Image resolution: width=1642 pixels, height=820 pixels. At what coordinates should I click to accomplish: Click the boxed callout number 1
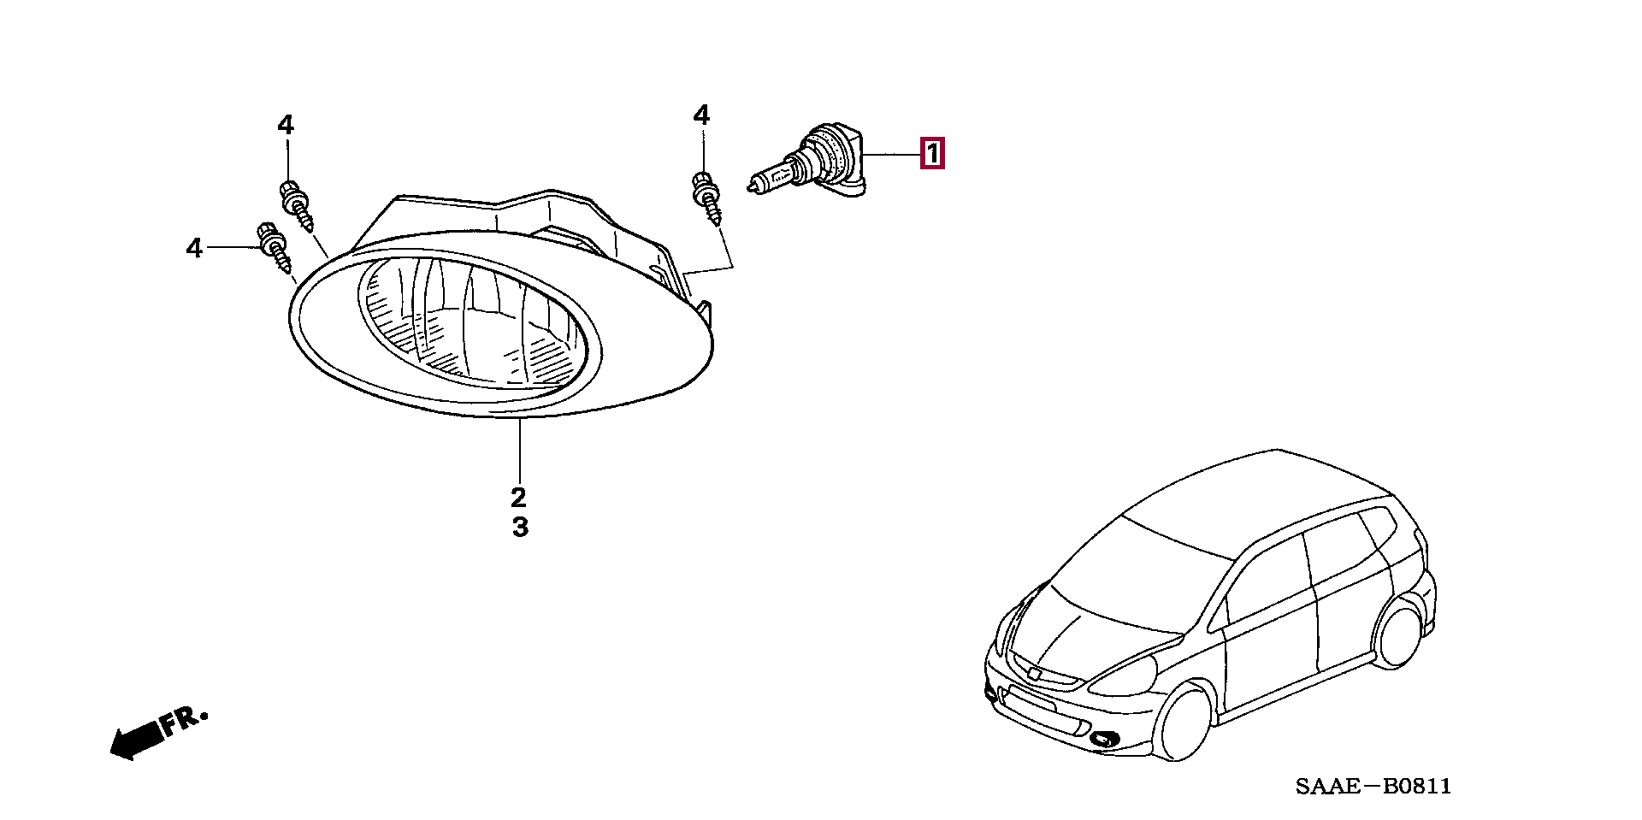(x=931, y=155)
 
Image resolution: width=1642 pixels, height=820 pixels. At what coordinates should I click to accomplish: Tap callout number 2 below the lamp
(x=518, y=497)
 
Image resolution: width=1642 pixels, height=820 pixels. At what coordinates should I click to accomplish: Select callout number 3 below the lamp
(x=520, y=527)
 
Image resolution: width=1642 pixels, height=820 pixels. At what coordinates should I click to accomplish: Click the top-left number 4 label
(x=286, y=126)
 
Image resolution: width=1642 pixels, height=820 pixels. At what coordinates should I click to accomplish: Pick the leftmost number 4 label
(x=195, y=249)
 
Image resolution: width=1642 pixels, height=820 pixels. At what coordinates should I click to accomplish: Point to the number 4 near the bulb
(x=701, y=115)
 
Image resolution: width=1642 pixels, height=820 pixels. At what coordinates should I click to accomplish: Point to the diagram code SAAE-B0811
(x=1373, y=786)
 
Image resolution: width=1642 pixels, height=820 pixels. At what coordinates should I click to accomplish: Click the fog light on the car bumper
(x=1102, y=737)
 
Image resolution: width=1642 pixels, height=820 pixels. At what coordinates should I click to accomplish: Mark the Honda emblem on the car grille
(x=1036, y=673)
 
